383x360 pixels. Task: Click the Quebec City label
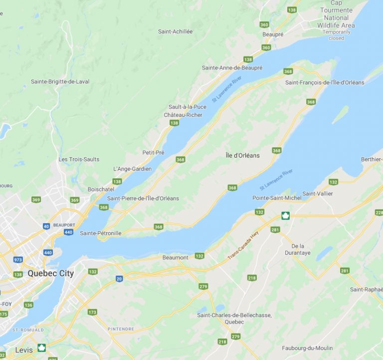coord(50,273)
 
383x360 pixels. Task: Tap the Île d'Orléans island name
coord(242,155)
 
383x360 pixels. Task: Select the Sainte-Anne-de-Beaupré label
coord(232,67)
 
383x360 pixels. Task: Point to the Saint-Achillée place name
coord(175,31)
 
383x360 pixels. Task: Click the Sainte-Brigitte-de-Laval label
coord(60,81)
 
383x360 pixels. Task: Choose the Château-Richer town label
coord(183,115)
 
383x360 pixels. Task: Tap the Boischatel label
coord(101,189)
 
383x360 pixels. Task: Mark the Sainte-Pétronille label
coord(100,233)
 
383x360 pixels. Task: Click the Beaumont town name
coord(175,257)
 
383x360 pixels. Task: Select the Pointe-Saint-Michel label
coord(277,198)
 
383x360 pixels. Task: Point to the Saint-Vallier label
coord(317,194)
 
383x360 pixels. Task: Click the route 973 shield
coord(18,260)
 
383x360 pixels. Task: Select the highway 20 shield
coord(119,279)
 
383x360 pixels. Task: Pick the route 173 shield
coord(92,312)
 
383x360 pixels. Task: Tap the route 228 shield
coord(379,212)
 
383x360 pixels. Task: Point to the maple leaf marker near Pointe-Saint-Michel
coord(286,216)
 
